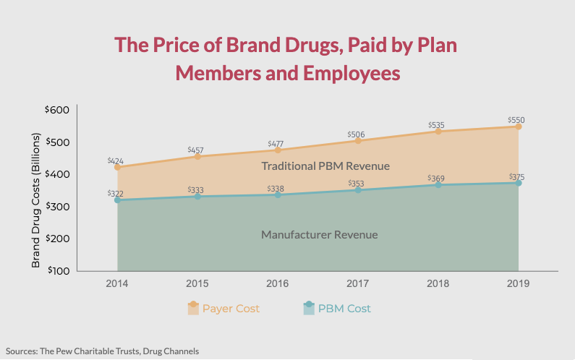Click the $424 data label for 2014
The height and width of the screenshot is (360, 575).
pyautogui.click(x=116, y=160)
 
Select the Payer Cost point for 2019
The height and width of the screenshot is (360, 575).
pyautogui.click(x=519, y=127)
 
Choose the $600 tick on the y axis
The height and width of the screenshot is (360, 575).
pyautogui.click(x=57, y=110)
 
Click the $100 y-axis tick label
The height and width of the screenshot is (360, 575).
pyautogui.click(x=57, y=271)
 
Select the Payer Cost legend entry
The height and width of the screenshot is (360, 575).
pyautogui.click(x=223, y=309)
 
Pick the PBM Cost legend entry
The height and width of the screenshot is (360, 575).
pyautogui.click(x=336, y=309)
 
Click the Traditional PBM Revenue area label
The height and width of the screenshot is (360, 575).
pyautogui.click(x=325, y=166)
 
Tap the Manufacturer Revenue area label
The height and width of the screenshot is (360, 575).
pyautogui.click(x=319, y=235)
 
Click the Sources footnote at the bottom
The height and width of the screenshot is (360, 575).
pyautogui.click(x=102, y=351)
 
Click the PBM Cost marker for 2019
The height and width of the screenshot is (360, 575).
pyautogui.click(x=519, y=183)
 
